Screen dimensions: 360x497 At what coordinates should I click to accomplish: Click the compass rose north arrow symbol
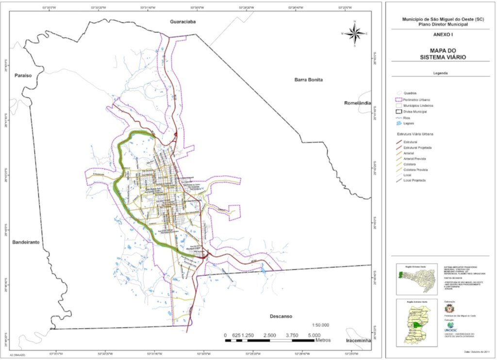(355, 33)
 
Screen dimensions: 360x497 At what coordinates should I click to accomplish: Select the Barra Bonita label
(308, 80)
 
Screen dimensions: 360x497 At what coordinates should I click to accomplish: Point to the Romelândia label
(357, 103)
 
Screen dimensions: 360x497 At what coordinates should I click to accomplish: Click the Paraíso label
(23, 76)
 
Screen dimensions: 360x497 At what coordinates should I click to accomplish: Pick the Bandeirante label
(26, 242)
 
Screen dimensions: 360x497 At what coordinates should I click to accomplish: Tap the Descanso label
(281, 316)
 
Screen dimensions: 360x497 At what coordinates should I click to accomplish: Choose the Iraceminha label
(358, 341)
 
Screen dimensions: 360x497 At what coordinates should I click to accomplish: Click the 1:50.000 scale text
(319, 325)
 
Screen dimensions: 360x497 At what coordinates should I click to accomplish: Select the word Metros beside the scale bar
(323, 340)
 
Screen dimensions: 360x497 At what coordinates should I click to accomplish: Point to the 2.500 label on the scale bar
(270, 335)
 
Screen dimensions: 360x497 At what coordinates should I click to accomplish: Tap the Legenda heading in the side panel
(440, 73)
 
